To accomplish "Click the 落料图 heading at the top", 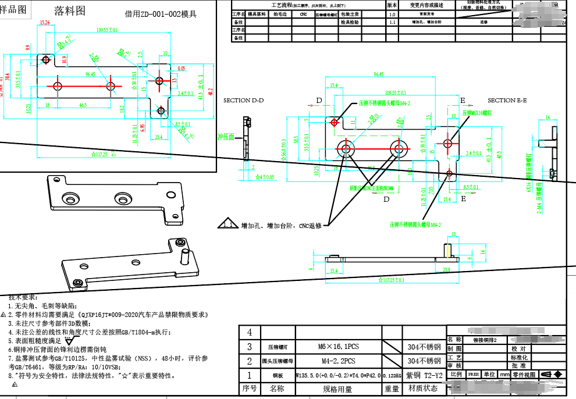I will pos(69,10).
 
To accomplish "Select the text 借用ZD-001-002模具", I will pos(160,13).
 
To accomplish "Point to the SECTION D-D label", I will pos(243,101).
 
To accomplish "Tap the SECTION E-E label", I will pos(507,101).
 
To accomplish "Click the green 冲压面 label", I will pos(226,137).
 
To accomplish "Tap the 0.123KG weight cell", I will pos(392,376).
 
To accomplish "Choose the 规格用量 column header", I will pos(337,389).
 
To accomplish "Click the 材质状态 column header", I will pos(423,389).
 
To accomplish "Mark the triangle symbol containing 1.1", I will pos(227,225).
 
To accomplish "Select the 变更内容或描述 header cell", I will pos(427,5).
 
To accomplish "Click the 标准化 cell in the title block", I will pos(518,358).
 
